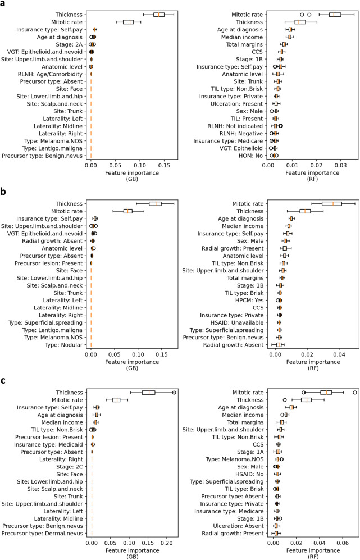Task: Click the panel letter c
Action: pyautogui.click(x=4, y=377)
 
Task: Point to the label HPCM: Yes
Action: pyautogui.click(x=250, y=300)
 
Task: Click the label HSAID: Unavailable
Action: pyautogui.click(x=237, y=322)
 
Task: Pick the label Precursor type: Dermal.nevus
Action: pyautogui.click(x=47, y=533)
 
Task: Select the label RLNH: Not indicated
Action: pyautogui.click(x=240, y=126)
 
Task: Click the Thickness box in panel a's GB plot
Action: pyautogui.click(x=158, y=14)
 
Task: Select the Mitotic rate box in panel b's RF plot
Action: pyautogui.click(x=331, y=203)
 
